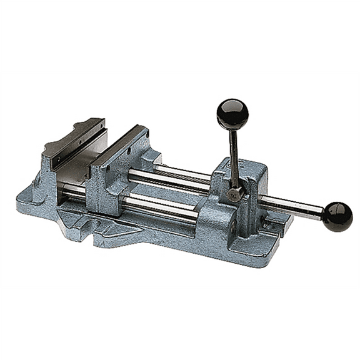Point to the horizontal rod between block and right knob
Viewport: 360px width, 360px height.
coord(294,207)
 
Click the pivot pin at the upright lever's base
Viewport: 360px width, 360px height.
coord(236,195)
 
